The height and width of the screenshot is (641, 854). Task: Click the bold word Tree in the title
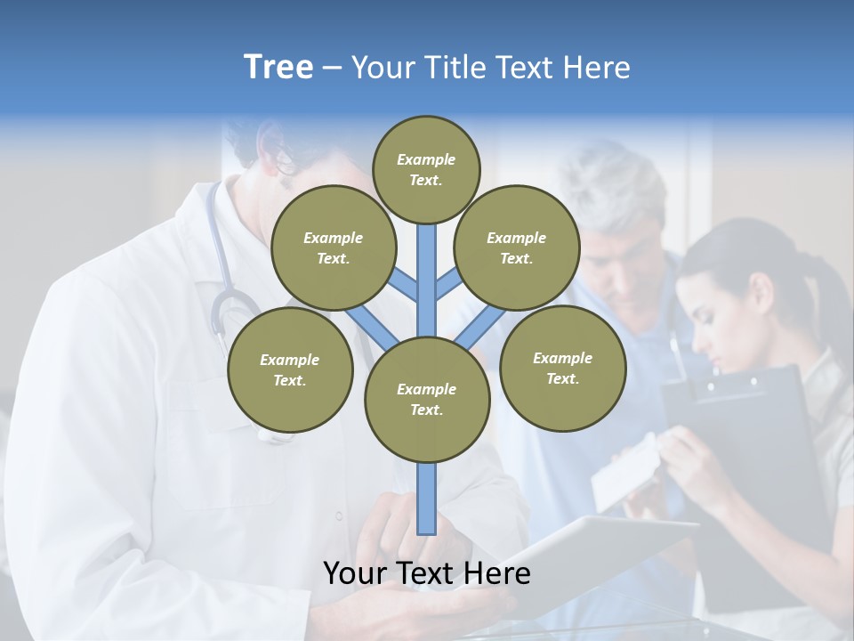[x=278, y=67]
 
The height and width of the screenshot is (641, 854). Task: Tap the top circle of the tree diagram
[x=426, y=169]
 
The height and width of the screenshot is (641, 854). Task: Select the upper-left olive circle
[x=333, y=247]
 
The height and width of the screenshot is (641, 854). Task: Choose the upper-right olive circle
[x=517, y=247]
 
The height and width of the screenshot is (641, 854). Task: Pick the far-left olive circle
[x=290, y=369]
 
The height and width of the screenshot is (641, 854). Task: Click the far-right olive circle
[x=562, y=368]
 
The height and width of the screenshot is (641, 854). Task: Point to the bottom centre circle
[x=427, y=400]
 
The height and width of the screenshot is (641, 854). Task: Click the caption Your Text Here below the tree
[x=427, y=573]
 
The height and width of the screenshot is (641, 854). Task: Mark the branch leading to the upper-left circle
[x=402, y=284]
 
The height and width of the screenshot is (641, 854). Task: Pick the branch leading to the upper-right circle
[x=450, y=285]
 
